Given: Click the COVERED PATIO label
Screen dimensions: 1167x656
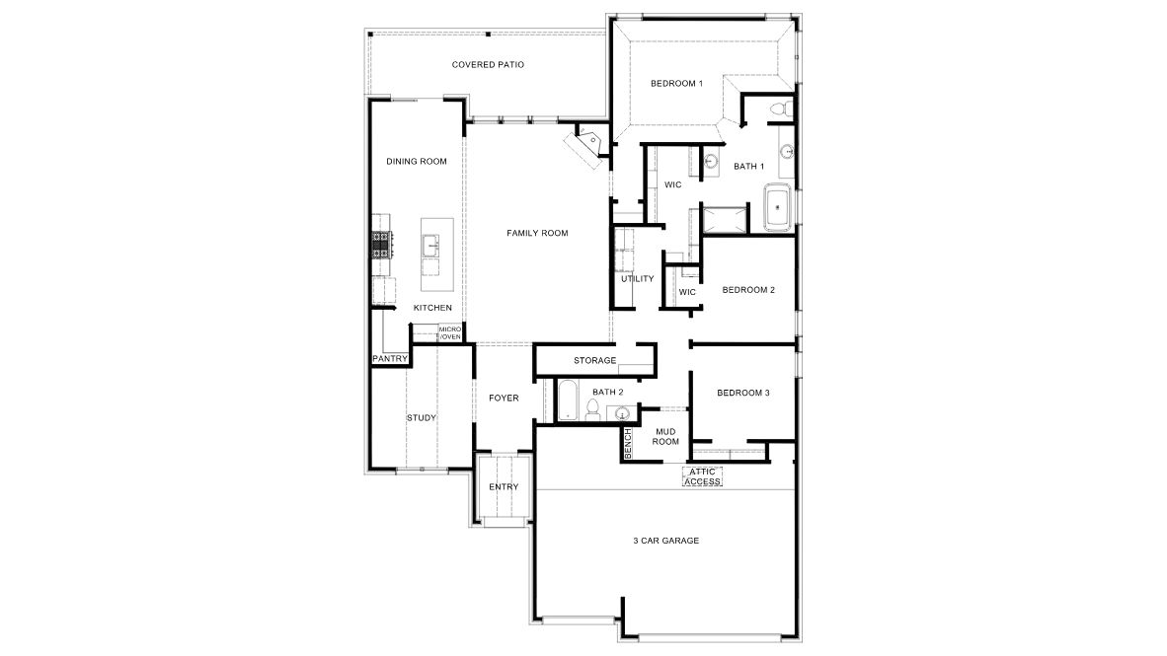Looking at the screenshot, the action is pos(488,65).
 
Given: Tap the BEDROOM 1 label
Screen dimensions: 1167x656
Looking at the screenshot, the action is pos(676,83).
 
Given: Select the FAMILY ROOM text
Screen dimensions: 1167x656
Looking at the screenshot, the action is pos(537,233).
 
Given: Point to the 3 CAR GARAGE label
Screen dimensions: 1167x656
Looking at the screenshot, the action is pos(666,541).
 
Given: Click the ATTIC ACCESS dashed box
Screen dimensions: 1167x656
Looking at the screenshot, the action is pos(703,476).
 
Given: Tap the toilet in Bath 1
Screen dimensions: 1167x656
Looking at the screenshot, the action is pos(779,109).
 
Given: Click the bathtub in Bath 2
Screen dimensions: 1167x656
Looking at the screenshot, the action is pos(567,401).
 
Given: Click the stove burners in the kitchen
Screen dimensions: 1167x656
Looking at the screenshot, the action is pos(382,245).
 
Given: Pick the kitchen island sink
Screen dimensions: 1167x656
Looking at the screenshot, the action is pos(431,246).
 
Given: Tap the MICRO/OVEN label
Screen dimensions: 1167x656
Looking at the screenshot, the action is pos(449,332).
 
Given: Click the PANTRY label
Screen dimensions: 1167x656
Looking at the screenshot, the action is pos(390,359).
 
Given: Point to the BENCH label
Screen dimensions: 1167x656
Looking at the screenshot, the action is pos(627,443).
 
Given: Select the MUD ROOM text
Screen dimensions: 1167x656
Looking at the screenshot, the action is pos(665,437).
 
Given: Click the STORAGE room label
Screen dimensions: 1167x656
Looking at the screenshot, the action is pos(594,361).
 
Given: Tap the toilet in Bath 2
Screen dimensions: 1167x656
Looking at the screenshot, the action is pos(593,409).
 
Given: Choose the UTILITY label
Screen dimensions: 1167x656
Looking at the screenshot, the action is pos(638,279).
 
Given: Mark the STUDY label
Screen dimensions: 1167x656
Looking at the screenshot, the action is pos(422,418).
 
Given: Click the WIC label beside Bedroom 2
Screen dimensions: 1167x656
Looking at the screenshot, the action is pos(688,292).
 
